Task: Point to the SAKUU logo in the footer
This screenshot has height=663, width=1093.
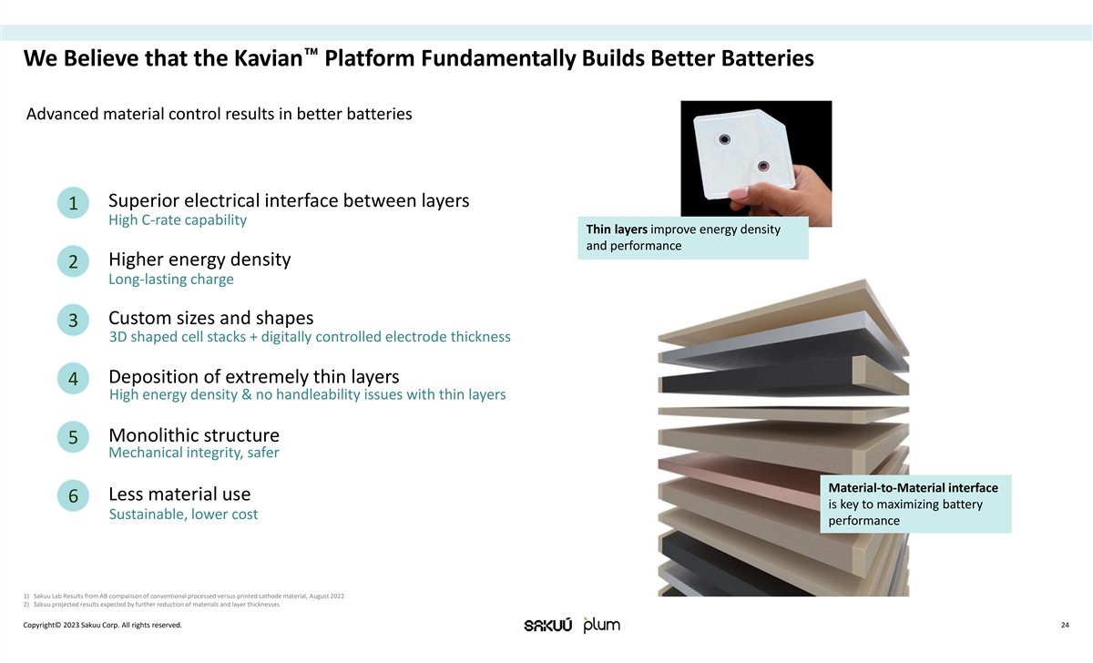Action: [x=548, y=626]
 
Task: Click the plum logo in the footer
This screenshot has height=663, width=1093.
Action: [x=601, y=625]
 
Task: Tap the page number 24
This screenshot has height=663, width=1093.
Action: [x=1065, y=626]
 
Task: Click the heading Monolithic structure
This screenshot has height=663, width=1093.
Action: [x=193, y=435]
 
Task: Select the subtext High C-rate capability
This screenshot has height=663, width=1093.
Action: [x=178, y=220]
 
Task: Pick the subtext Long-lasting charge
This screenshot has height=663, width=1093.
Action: [x=171, y=280]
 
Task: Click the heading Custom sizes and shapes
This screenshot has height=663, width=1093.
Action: [x=210, y=318]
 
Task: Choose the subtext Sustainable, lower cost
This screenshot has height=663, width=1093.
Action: [x=183, y=515]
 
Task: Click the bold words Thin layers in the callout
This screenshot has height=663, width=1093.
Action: [x=617, y=229]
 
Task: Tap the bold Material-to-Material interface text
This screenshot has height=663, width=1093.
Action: [x=913, y=488]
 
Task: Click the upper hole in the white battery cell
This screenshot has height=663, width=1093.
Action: [x=725, y=139]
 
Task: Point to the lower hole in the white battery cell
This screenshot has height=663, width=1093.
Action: [x=763, y=167]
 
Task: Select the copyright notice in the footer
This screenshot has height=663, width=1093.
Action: [x=102, y=626]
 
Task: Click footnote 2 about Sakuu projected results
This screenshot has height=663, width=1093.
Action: [x=151, y=605]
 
